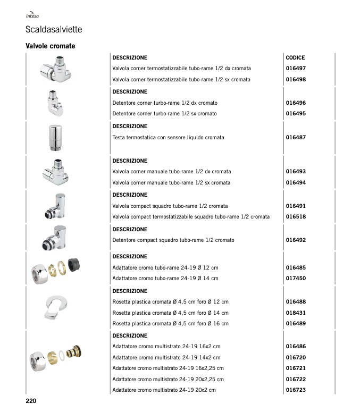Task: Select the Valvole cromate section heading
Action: pyautogui.click(x=51, y=46)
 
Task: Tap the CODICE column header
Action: pyautogui.click(x=295, y=57)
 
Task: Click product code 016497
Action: pyautogui.click(x=296, y=69)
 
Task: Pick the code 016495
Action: pyautogui.click(x=296, y=114)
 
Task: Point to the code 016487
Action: pyautogui.click(x=296, y=137)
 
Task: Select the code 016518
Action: pyautogui.click(x=296, y=217)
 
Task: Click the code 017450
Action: pyautogui.click(x=296, y=279)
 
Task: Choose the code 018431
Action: pyautogui.click(x=296, y=313)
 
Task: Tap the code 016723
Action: pyautogui.click(x=296, y=390)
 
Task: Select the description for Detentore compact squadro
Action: pyautogui.click(x=173, y=240)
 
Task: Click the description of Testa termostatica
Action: pyautogui.click(x=168, y=138)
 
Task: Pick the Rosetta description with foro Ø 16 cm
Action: pyautogui.click(x=170, y=324)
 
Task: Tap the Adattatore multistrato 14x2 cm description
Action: pyautogui.click(x=166, y=358)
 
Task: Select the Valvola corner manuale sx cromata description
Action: pyautogui.click(x=171, y=183)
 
